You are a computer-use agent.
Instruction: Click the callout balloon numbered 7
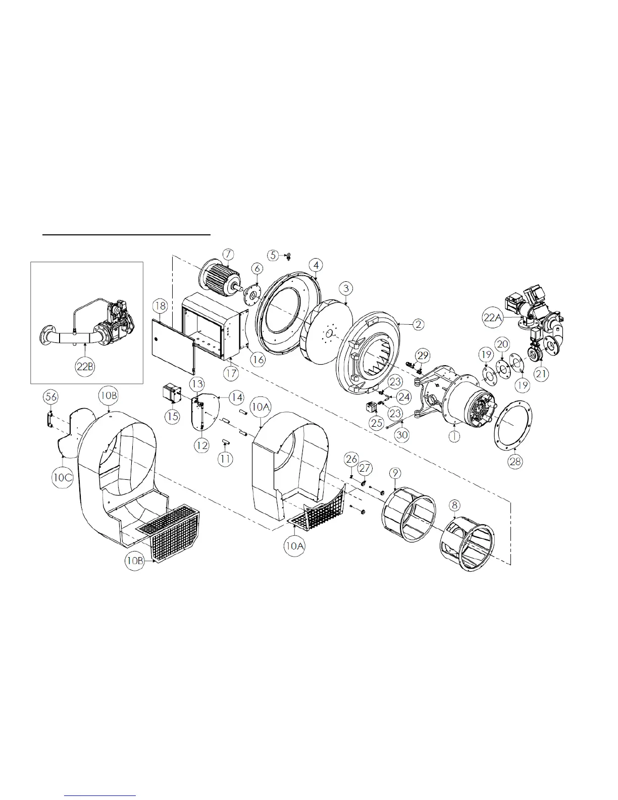coord(228,254)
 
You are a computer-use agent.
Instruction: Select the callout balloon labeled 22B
coord(85,366)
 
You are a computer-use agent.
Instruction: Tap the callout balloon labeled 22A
coord(492,317)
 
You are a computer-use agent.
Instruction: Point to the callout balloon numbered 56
coord(51,397)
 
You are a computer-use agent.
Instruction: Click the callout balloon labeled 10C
coord(63,477)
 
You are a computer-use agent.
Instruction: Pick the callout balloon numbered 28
coord(516,461)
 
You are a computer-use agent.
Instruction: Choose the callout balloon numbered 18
coord(160,306)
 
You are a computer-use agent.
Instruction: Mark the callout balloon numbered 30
coord(402,435)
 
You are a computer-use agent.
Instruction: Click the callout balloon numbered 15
coord(172,416)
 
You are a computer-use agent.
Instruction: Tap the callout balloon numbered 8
coord(454,505)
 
